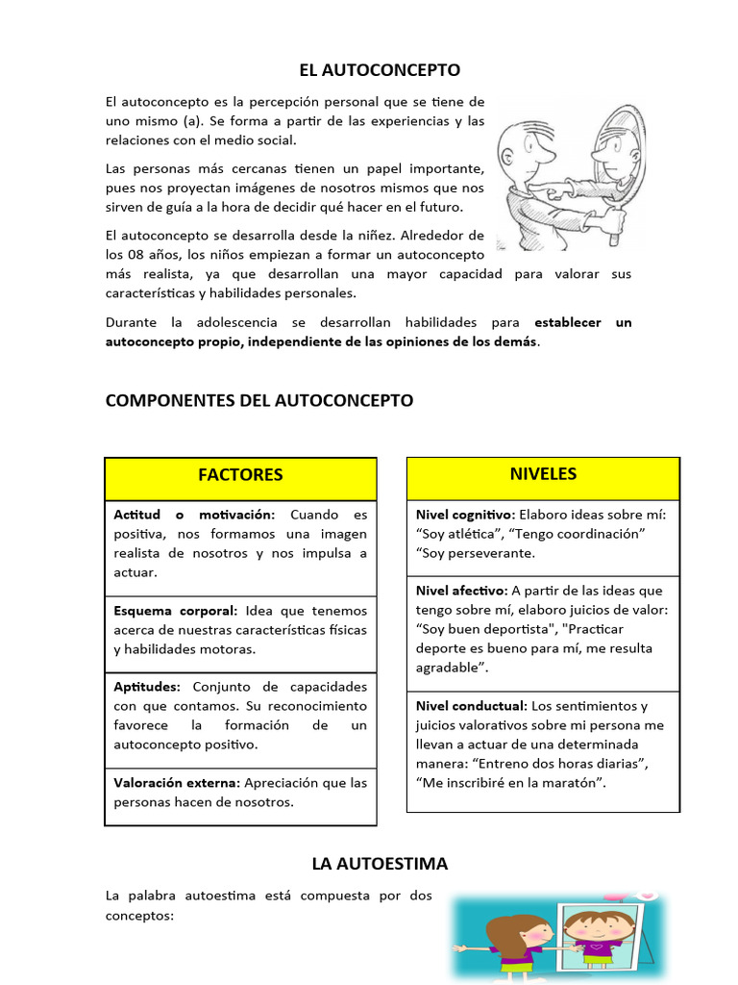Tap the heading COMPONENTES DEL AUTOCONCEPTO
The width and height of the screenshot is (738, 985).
click(259, 400)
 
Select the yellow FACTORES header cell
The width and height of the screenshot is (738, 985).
click(240, 475)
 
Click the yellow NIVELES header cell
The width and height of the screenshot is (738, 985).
click(544, 474)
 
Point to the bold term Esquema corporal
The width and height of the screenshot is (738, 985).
click(174, 611)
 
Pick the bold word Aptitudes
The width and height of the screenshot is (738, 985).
click(146, 687)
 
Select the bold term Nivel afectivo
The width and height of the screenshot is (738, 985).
click(460, 591)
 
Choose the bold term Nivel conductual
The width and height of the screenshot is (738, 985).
click(471, 706)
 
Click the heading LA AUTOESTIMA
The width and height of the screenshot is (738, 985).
click(380, 864)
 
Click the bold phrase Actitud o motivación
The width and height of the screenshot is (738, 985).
click(194, 515)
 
